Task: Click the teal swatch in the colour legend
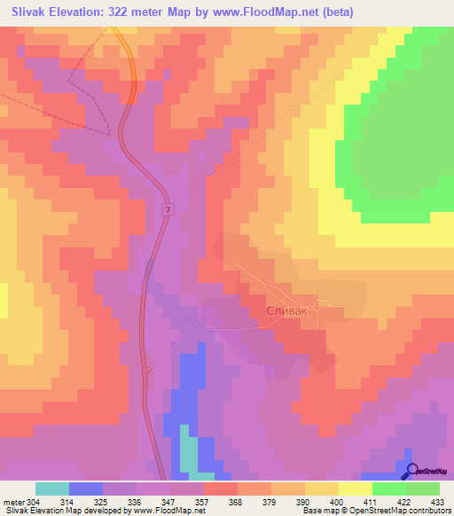click(x=52, y=489)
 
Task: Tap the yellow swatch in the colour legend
click(x=356, y=489)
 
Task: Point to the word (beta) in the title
click(x=336, y=11)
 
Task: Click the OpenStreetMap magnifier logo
click(x=411, y=472)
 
